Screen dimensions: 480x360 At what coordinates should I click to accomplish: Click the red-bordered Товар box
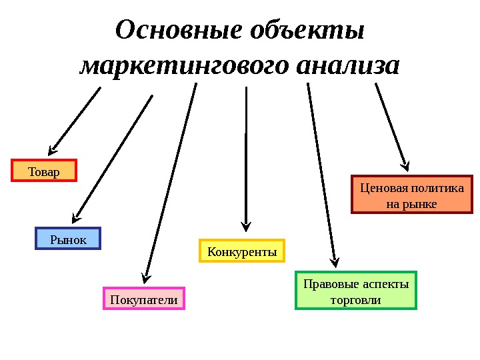44,171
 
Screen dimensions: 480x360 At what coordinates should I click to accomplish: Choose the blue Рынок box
67,239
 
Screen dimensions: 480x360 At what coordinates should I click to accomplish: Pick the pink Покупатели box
143,299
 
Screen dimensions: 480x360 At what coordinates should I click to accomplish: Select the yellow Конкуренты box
242,251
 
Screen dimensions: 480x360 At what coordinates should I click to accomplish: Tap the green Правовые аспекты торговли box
355,291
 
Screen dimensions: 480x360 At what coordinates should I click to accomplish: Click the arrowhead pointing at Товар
53,150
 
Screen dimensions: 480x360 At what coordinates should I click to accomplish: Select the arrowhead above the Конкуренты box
246,225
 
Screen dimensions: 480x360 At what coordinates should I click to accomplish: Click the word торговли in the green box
355,300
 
